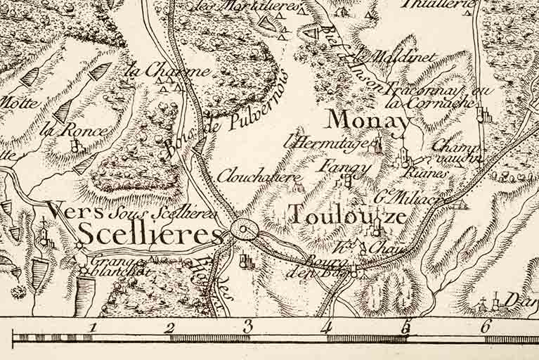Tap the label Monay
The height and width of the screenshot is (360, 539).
coord(368,120)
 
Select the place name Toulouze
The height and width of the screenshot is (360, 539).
coord(347,214)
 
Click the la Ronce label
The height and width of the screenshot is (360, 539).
coord(74,130)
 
